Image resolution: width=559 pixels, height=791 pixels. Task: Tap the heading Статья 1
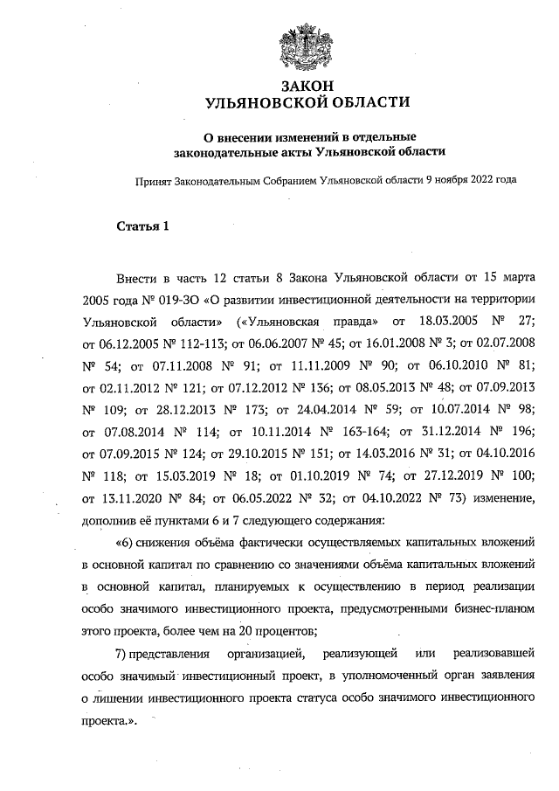coord(142,228)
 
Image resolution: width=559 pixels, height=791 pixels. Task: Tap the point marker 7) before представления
coord(122,654)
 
